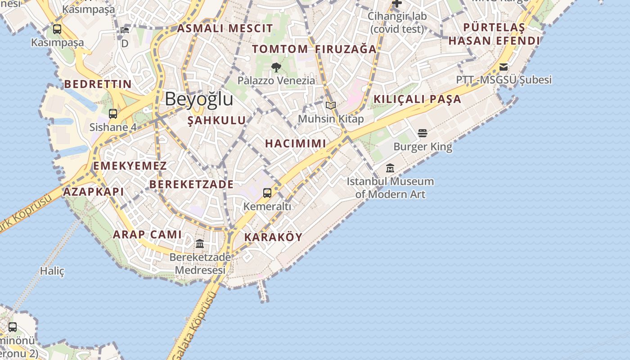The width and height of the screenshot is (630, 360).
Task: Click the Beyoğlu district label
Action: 199,99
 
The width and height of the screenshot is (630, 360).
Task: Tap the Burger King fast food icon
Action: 422,133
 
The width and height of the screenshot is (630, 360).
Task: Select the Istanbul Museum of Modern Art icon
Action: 390,168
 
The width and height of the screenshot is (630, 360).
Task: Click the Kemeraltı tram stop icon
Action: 267,193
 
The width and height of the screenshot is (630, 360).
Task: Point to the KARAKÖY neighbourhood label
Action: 273,237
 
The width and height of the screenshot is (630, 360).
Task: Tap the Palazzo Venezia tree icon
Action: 276,67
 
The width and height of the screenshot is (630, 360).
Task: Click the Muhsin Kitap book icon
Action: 331,105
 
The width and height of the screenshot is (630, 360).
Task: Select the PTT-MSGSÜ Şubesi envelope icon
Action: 504,67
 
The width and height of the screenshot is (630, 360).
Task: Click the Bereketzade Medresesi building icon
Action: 200,244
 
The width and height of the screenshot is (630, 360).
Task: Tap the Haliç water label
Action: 52,271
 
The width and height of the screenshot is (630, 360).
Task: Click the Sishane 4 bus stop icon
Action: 113,114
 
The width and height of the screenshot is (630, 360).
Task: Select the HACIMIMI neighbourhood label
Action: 295,144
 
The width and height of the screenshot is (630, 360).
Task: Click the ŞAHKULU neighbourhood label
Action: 217,120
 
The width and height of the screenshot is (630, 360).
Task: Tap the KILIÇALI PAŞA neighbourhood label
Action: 418,99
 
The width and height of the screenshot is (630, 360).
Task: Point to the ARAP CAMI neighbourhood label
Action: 147,234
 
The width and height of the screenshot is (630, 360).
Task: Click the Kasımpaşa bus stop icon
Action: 57,29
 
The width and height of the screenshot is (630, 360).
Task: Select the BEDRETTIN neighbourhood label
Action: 98,84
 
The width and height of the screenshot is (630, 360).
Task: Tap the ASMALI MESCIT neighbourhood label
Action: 225,28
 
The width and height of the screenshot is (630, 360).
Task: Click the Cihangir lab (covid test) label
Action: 397,22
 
